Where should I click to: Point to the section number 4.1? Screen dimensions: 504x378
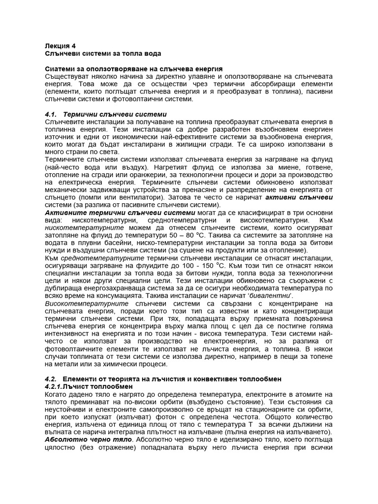[51, 114]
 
